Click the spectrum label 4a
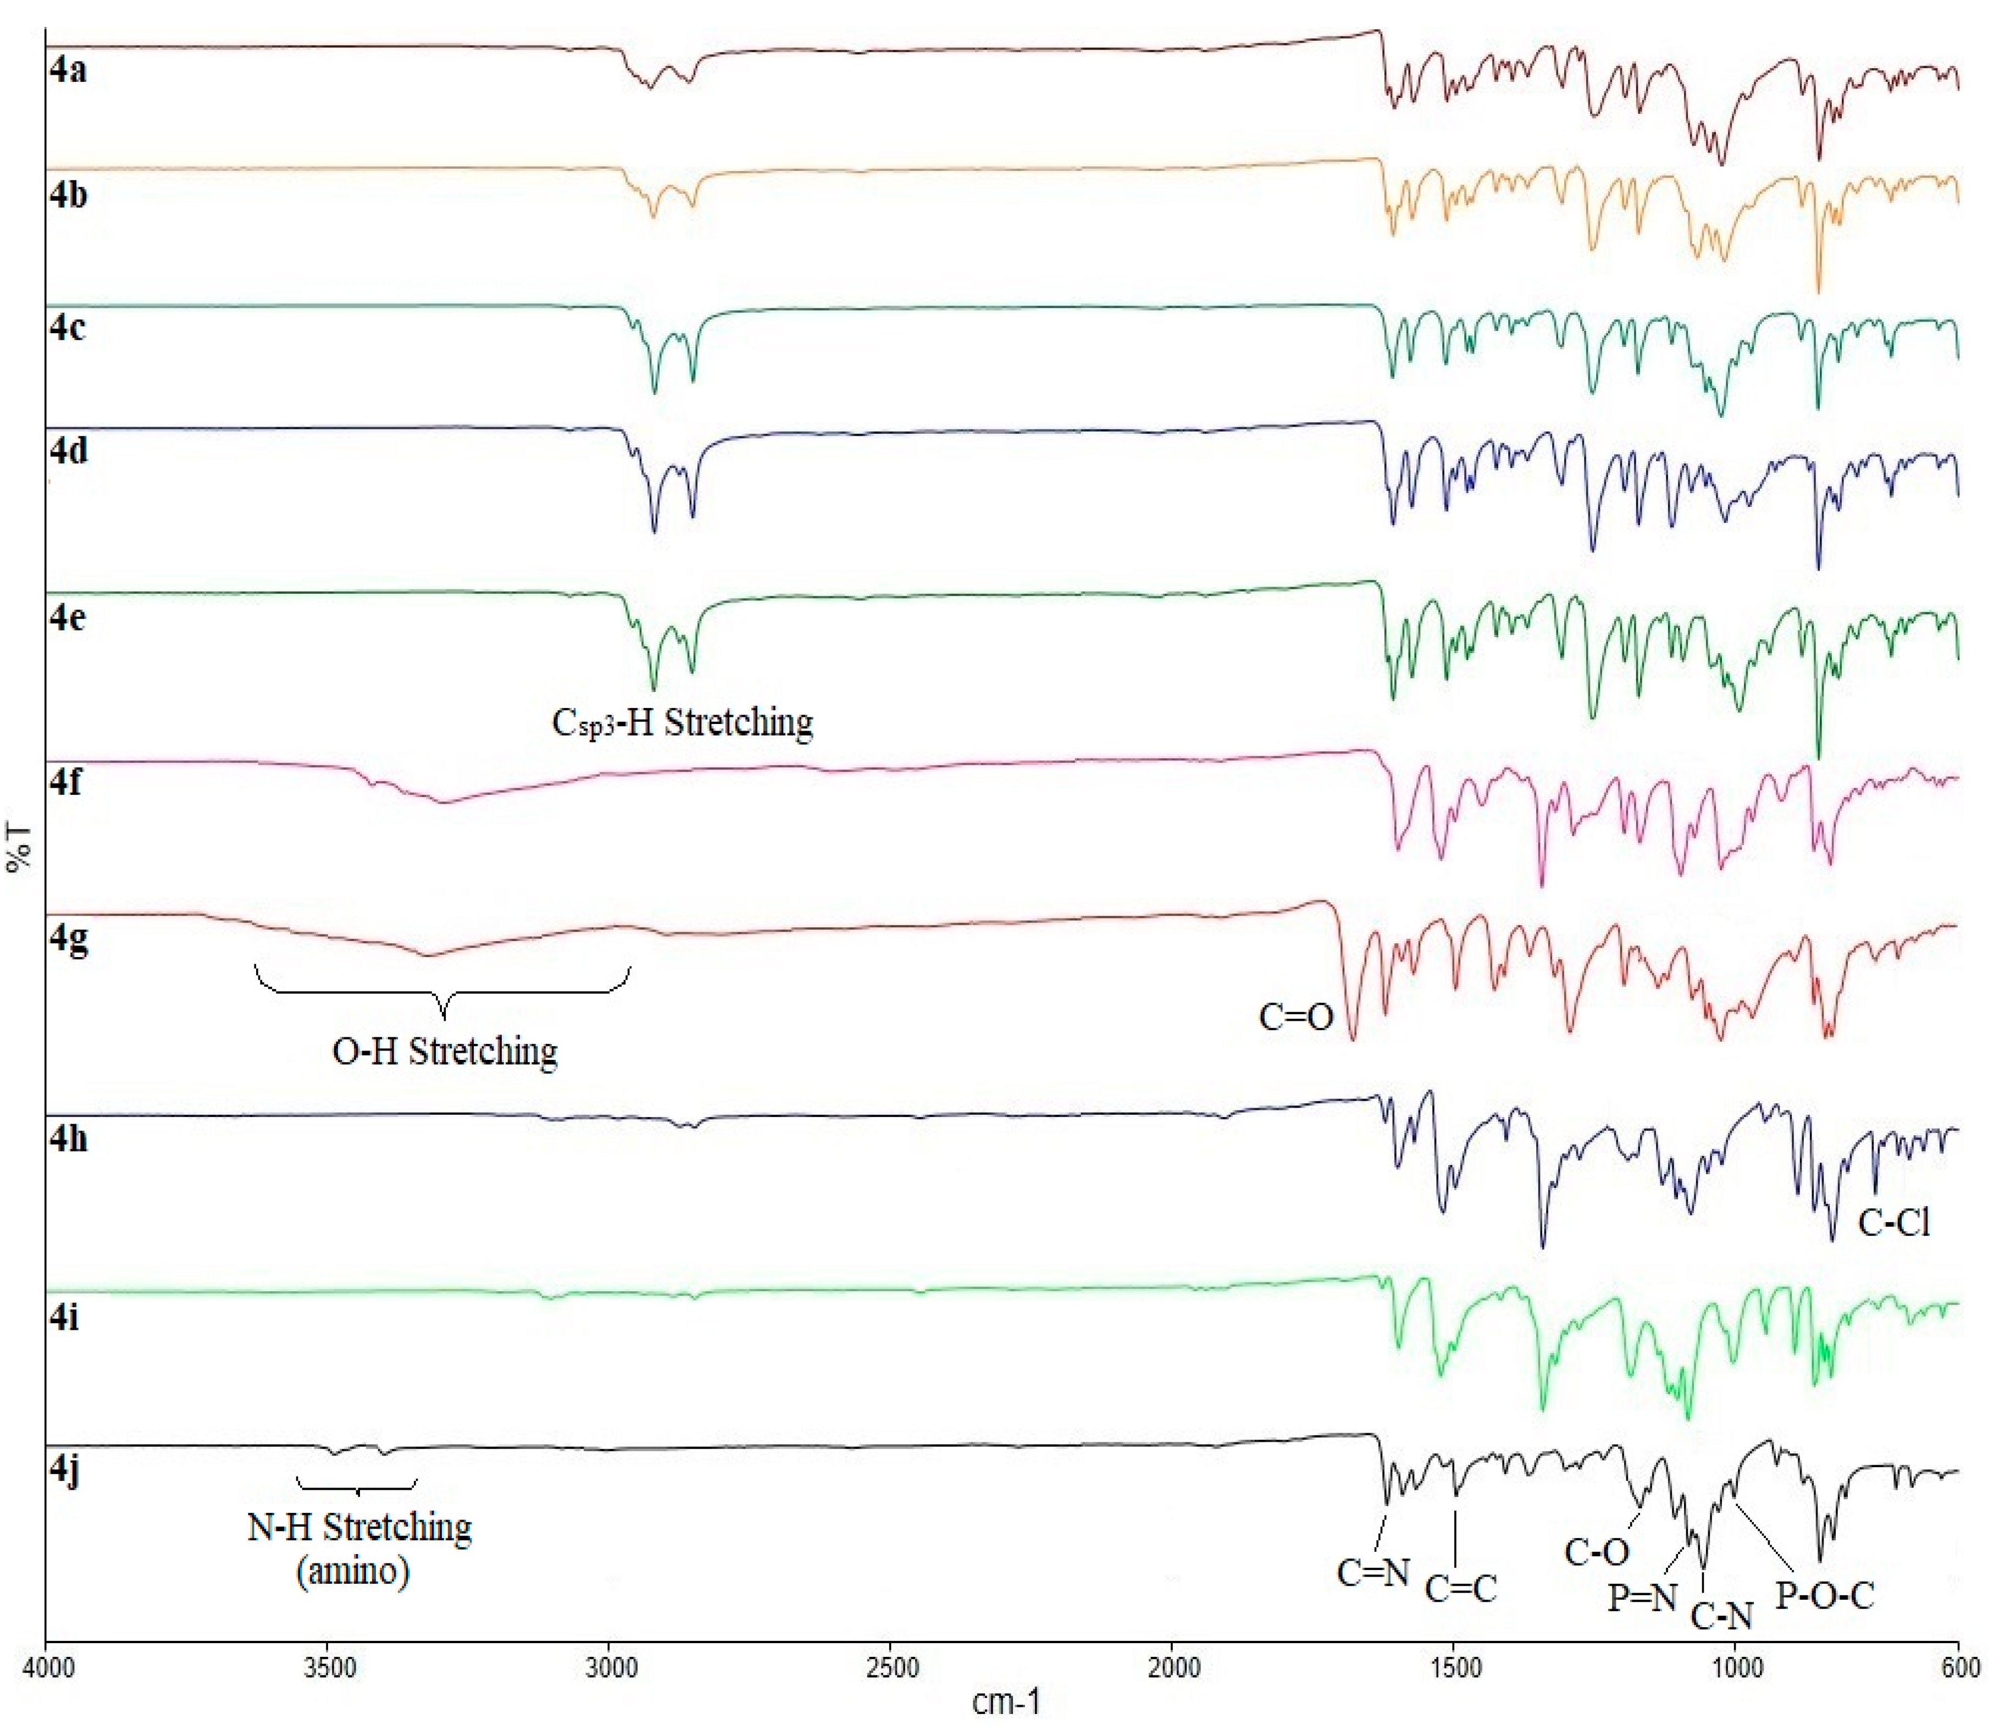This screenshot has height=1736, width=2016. point(68,70)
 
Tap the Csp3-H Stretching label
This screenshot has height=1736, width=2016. point(682,722)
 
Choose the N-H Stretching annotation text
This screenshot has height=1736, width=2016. point(359,1528)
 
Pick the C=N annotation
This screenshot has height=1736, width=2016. point(1373,1573)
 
